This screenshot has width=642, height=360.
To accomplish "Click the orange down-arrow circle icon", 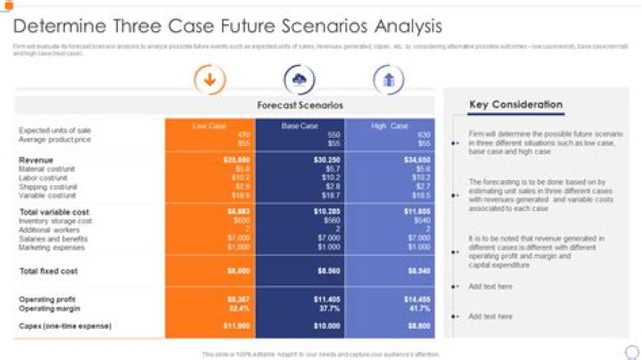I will (x=210, y=79).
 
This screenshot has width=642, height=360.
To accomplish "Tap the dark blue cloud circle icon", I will (x=299, y=79).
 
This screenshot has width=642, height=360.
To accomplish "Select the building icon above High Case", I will (x=388, y=79).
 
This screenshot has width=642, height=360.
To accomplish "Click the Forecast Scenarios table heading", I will (x=300, y=105).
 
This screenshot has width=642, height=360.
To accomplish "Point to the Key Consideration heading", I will (x=515, y=105).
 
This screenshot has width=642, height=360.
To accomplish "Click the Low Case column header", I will (x=210, y=126).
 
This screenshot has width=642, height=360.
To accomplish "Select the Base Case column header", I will (x=299, y=126).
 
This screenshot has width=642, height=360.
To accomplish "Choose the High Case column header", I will (x=390, y=126).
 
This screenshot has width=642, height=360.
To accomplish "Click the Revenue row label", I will (x=36, y=160).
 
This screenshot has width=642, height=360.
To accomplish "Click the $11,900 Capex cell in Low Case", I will (x=236, y=326).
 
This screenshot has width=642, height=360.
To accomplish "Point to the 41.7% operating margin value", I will (x=419, y=307).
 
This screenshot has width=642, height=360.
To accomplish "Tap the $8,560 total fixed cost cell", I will (x=328, y=270).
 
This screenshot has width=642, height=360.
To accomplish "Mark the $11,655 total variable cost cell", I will (x=417, y=212).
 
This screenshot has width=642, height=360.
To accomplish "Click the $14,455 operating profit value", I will (x=417, y=299).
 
